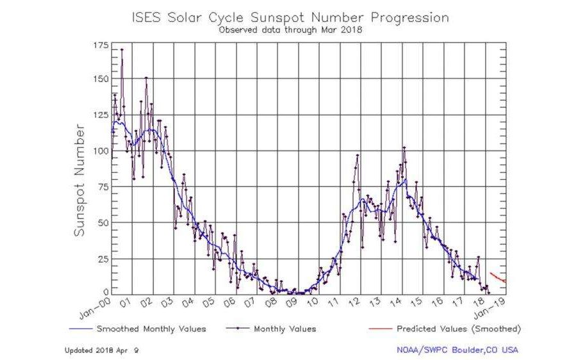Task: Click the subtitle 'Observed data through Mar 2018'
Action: click(290, 29)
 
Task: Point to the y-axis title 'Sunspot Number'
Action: click(79, 181)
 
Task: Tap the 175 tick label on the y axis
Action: click(101, 45)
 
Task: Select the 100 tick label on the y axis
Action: click(101, 151)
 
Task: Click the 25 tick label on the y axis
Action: click(103, 258)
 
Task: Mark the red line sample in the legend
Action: click(380, 329)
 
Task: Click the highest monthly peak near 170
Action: click(122, 49)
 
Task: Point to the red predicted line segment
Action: click(498, 277)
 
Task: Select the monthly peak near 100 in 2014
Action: click(404, 148)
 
